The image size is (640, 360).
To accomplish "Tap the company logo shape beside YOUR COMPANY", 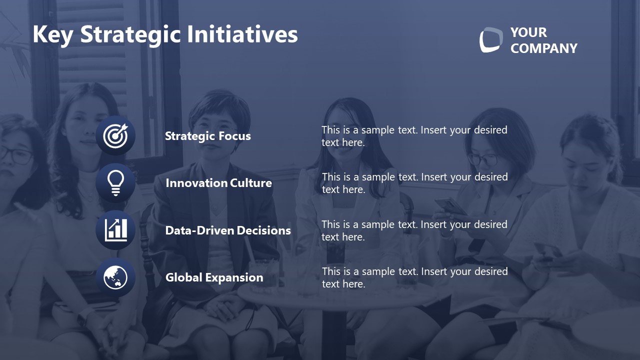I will click(490, 40).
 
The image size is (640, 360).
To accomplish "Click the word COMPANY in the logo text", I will click(543, 48).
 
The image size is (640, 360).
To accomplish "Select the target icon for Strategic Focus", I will click(115, 135).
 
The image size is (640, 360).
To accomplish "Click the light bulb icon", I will click(115, 183).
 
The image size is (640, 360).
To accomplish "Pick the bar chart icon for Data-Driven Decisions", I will click(115, 230).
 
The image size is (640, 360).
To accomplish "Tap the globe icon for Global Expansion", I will click(115, 277).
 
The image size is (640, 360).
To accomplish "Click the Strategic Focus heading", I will click(207, 136).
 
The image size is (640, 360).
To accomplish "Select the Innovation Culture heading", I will click(218, 183).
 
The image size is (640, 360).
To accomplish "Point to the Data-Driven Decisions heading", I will click(227, 230).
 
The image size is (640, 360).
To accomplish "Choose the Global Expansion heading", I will click(214, 277).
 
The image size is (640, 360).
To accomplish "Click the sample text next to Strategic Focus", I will click(414, 136).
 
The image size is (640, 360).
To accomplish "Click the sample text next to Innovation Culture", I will click(414, 183).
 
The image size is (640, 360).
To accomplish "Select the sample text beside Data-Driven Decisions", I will click(414, 230).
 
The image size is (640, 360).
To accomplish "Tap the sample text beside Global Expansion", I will click(414, 277).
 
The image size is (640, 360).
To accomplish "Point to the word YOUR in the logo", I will click(528, 32).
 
